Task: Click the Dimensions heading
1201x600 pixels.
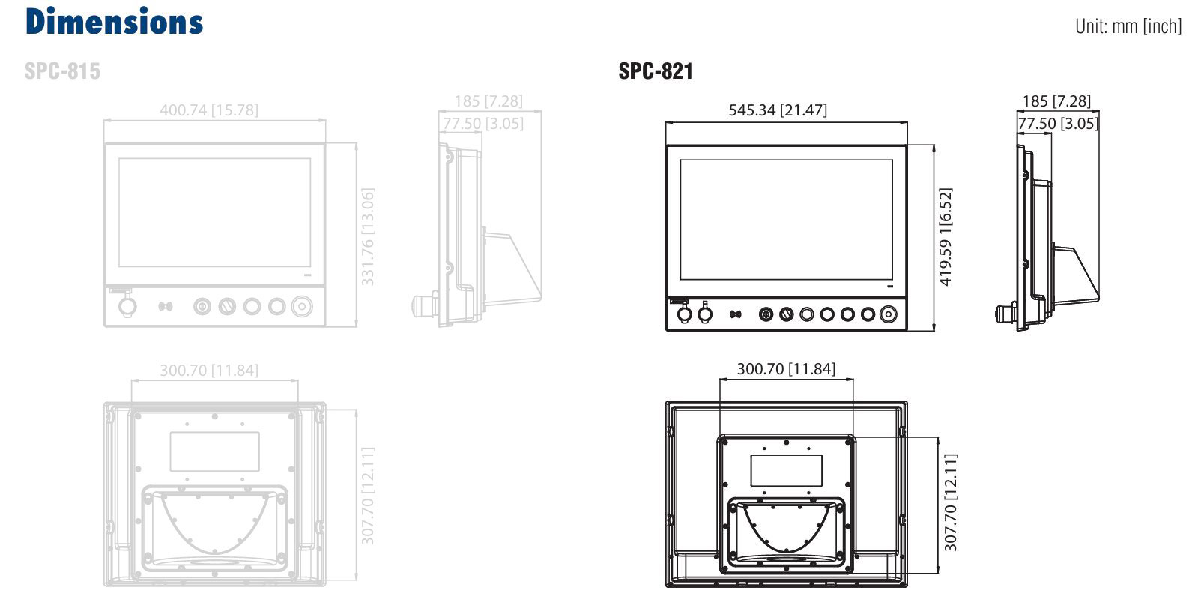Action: pos(114,22)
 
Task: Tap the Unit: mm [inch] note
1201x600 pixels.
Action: pos(1128,25)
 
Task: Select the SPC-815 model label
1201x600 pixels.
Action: pos(62,70)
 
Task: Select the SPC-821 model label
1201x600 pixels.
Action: pos(655,70)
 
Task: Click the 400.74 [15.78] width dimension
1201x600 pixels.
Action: pos(209,110)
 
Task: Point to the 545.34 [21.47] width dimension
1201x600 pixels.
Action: pos(778,110)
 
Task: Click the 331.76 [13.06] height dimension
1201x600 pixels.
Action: pos(367,237)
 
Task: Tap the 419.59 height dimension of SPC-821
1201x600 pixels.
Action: pos(945,237)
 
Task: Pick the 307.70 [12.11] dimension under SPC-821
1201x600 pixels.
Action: pos(950,502)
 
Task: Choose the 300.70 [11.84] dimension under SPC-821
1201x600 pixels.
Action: pos(786,369)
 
